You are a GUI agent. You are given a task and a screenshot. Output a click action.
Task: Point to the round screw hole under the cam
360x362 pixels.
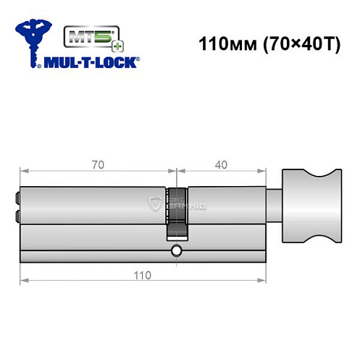[176, 252]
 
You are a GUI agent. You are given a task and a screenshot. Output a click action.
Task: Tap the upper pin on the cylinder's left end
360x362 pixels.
[17, 197]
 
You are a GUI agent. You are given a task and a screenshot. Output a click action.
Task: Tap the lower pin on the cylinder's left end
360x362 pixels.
[17, 215]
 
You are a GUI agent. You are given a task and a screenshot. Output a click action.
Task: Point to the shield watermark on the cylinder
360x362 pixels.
[154, 204]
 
